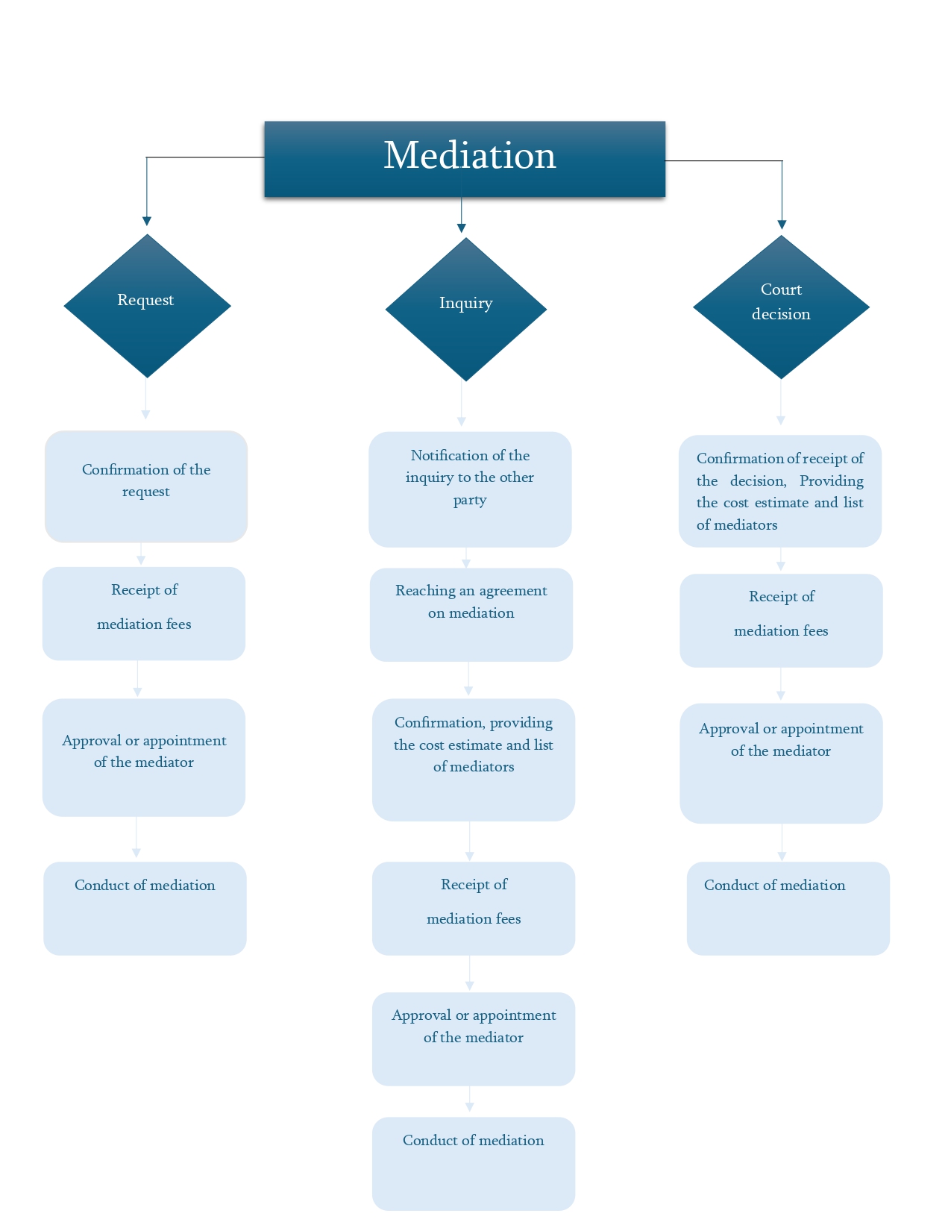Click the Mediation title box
point(464,159)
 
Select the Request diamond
point(147,306)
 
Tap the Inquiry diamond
point(465,309)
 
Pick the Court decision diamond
point(781,307)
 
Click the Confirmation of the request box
point(146,486)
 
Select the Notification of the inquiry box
point(470,489)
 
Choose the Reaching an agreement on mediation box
point(471,614)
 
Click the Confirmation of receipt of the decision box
point(780,491)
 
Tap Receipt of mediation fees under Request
point(144,613)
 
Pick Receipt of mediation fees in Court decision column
point(781,620)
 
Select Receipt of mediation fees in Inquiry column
point(474,908)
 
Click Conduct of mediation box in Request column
point(145,908)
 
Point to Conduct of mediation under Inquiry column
point(474,1162)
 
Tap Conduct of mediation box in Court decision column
point(788,908)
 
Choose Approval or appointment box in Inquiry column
point(474,1038)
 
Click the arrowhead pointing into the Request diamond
point(147,221)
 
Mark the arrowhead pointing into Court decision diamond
point(782,225)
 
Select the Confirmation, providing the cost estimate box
point(474,759)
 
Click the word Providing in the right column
point(831,481)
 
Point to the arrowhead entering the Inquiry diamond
point(462,228)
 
